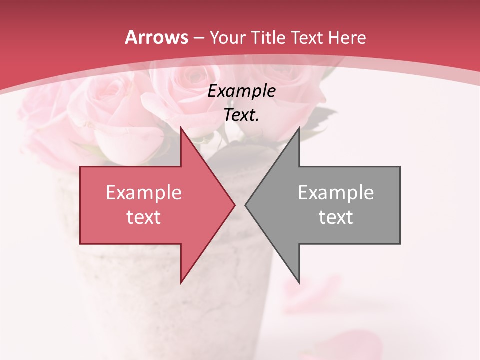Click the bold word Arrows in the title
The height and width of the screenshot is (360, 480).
pos(156,37)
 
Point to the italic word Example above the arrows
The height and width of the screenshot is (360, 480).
pos(242,91)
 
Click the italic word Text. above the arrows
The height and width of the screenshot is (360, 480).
pos(242,115)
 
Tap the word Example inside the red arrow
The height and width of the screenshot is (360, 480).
pos(144,193)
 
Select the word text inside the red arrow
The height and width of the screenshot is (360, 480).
pos(144,217)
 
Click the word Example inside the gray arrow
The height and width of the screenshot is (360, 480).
pos(336,193)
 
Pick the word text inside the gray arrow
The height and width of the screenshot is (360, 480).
pos(336,217)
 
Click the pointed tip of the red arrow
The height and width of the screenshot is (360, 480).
pos(234,205)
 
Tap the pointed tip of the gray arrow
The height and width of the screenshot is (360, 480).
pos(246,205)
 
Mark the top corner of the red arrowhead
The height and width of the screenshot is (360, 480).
pos(181,128)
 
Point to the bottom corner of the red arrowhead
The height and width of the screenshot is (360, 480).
pos(181,283)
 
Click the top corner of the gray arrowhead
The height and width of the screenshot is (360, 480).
pos(299,128)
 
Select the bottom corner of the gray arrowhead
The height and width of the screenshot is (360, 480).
pos(299,283)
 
